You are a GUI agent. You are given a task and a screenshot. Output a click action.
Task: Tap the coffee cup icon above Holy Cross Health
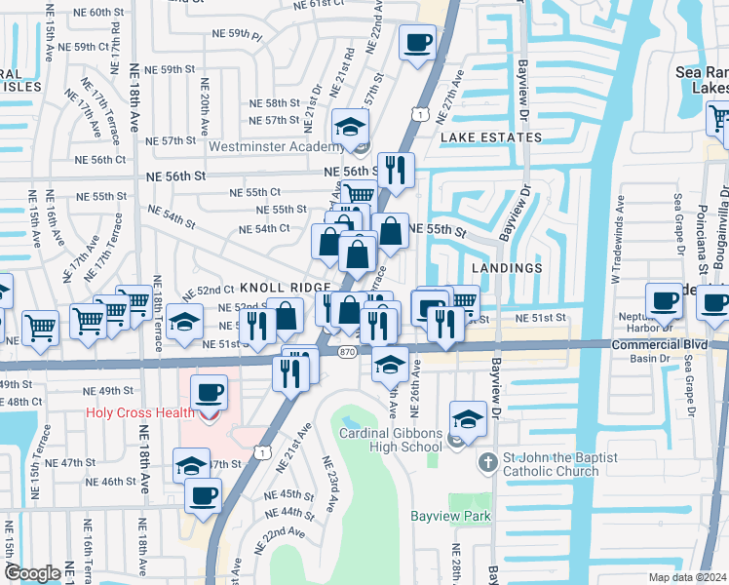coord(211,394)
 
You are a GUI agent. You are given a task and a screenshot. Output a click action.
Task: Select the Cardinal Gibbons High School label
coord(390,440)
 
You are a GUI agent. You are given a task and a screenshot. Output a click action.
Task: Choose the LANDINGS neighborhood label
coord(506,267)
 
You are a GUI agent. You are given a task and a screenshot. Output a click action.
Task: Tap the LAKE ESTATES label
coord(490,138)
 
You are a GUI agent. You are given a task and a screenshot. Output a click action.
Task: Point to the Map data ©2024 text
coord(687,577)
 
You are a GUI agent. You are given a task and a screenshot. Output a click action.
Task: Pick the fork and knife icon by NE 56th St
coord(396,171)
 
